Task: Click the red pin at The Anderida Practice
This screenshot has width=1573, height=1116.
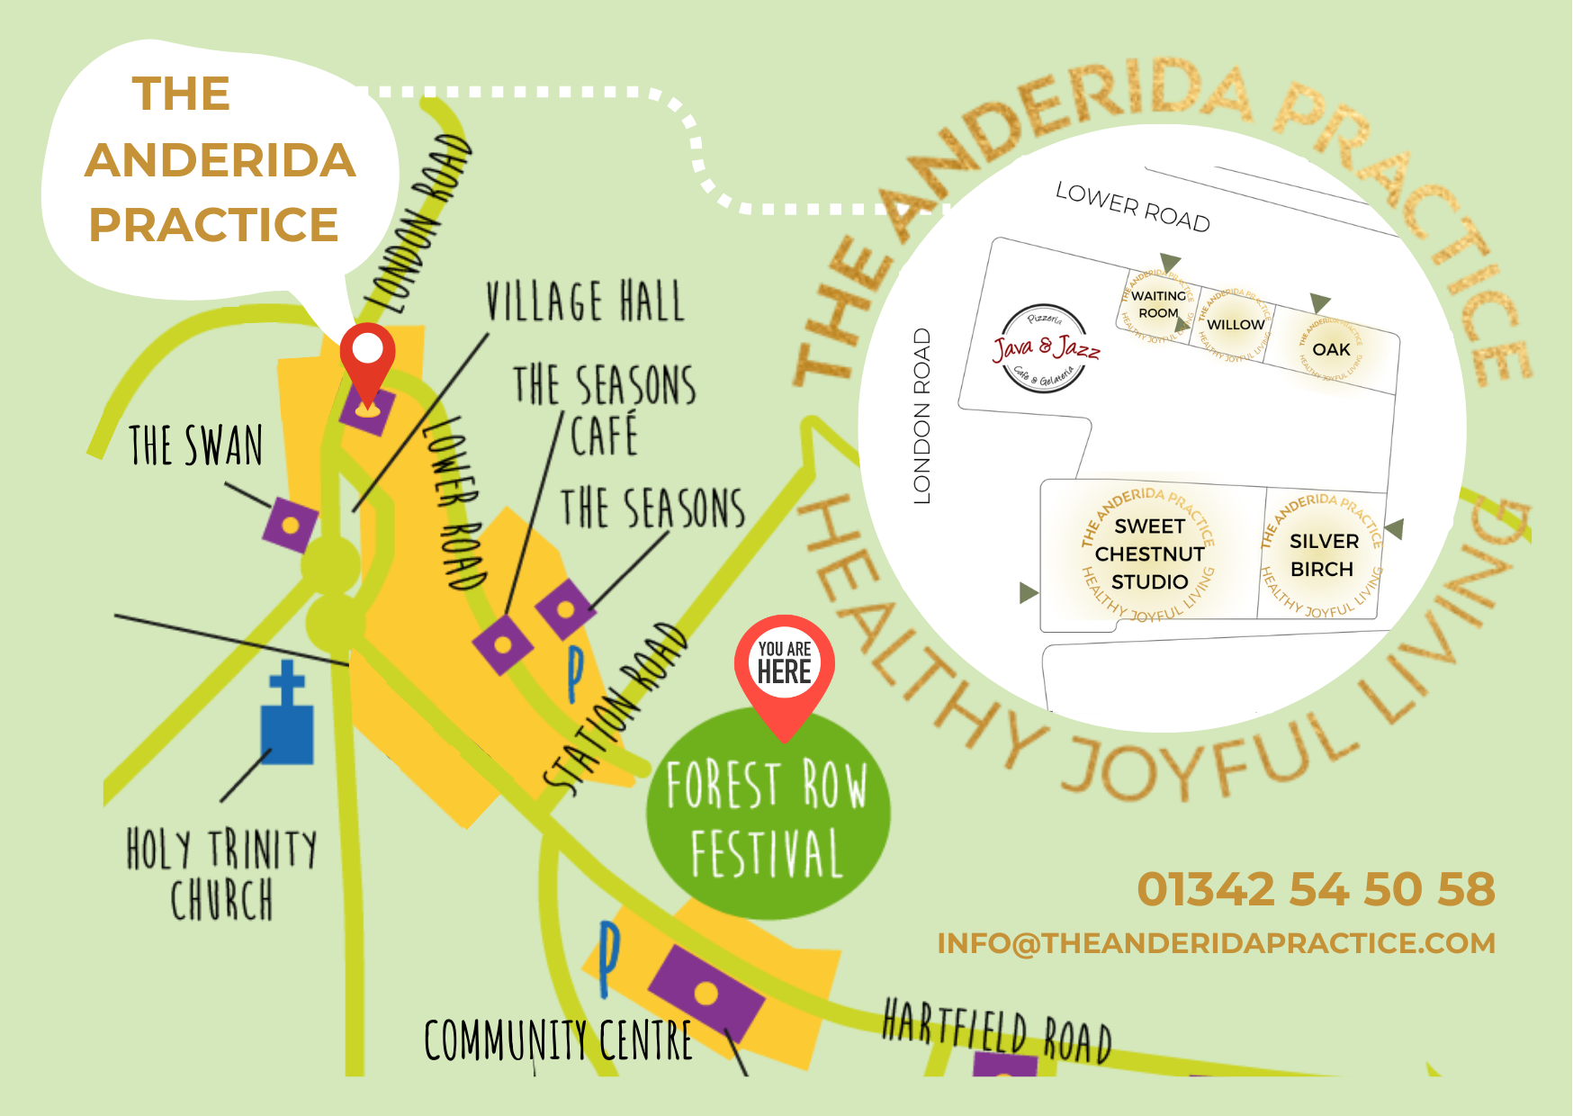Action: click(367, 355)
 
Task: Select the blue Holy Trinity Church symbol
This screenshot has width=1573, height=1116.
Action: click(287, 716)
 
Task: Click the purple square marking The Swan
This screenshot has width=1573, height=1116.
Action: click(290, 525)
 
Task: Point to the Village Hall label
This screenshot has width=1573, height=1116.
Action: click(585, 301)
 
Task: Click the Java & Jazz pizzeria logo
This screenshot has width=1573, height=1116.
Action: click(1045, 349)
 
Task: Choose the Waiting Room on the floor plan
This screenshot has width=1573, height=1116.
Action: click(1158, 304)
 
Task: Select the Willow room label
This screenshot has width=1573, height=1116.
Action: click(1235, 325)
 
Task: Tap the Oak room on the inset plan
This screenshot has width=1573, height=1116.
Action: click(1331, 349)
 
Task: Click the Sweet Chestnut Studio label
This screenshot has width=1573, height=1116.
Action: click(1149, 553)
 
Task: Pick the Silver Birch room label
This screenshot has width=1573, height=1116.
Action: click(1323, 555)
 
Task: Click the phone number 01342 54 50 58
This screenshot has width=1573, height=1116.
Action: click(1316, 889)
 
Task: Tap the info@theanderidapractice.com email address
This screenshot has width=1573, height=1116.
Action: click(1216, 943)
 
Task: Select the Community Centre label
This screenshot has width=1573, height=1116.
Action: click(558, 1040)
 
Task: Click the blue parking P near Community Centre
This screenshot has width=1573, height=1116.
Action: click(609, 958)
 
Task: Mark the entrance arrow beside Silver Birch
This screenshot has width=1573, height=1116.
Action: click(1395, 528)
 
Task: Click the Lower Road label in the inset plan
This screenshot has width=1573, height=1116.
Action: click(1132, 207)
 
